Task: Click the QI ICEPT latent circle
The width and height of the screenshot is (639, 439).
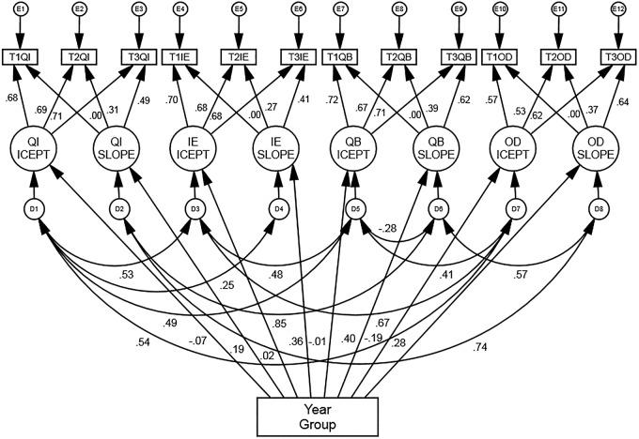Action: coord(35,148)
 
